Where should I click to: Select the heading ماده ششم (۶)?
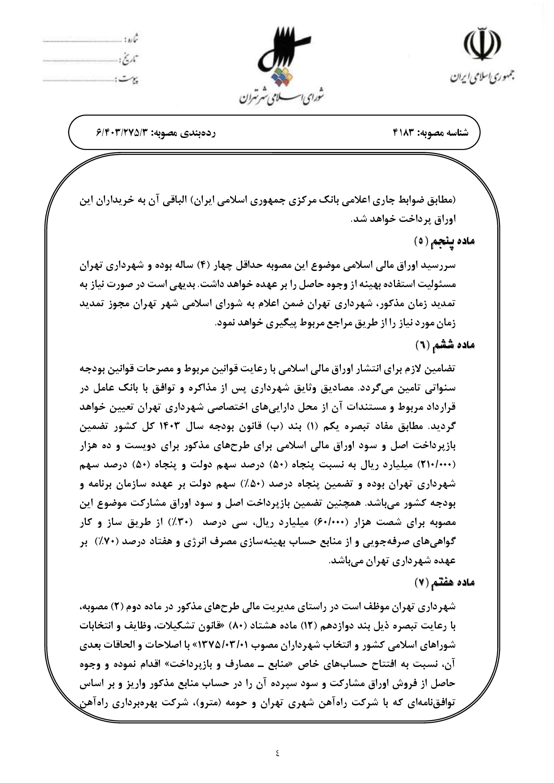pos(445,345)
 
